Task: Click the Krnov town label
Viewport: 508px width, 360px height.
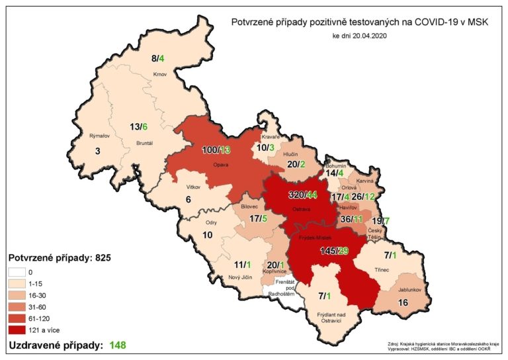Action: point(159,74)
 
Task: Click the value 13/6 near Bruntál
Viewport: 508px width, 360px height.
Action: point(138,127)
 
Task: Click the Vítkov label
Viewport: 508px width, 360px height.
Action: point(193,187)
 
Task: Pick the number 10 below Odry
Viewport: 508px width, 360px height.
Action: point(207,235)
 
